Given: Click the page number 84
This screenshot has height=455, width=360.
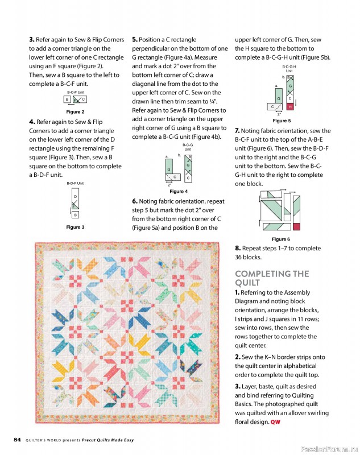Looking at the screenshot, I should coord(18,440).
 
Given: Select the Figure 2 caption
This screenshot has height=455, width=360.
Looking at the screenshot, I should coord(75,112).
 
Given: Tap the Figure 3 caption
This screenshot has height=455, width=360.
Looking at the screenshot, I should coord(75,227).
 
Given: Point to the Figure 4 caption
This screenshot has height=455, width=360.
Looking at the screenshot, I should coord(179,192).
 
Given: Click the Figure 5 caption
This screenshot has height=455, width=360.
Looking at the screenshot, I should coord(282,121).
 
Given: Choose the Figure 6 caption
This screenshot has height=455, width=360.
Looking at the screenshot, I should coord(281,239).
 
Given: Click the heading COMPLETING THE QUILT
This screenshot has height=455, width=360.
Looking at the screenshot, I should coord(272,278).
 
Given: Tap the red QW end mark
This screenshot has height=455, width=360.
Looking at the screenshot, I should coord(275,422).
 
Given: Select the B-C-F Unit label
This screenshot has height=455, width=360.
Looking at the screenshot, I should coord(76,92).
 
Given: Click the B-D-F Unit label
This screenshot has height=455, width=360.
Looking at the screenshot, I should coord(75,183).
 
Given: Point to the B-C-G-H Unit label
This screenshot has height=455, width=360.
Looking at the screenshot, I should coord(289,68).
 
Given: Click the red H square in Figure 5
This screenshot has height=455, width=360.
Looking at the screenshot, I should coord(290,106).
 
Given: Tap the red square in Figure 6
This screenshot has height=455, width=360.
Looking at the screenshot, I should coord(295,226).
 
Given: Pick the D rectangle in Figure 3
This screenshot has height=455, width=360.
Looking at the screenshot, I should coord(75,197).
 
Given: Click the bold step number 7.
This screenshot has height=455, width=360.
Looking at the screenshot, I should coord(237,131).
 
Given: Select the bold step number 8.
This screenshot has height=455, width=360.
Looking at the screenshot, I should coord(238,249).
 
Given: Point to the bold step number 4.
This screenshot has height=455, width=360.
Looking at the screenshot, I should coord(31,122).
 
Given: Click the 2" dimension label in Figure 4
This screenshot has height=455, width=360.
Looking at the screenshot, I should coord(169,185).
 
